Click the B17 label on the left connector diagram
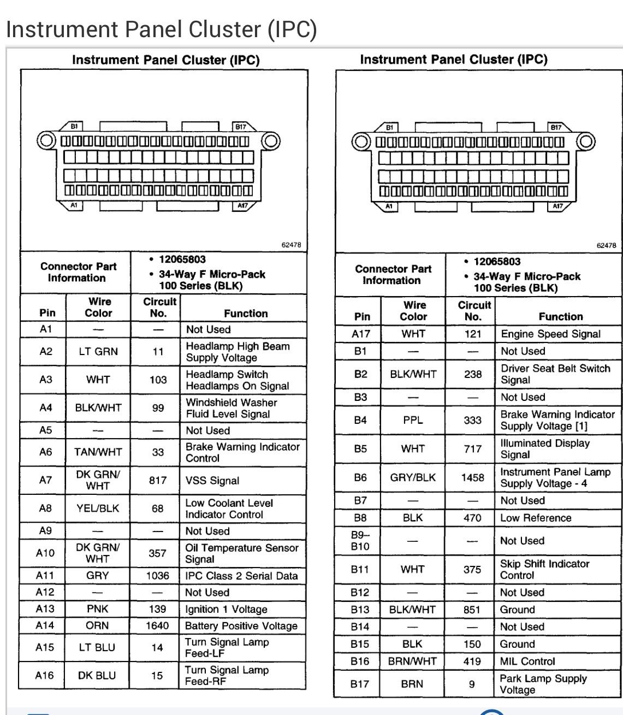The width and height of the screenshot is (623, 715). [240, 126]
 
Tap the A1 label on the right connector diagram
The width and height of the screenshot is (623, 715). [389, 206]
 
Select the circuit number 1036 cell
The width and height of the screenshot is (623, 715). [157, 576]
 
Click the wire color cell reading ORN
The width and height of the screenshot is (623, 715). [97, 625]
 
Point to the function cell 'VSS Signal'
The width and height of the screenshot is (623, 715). [212, 481]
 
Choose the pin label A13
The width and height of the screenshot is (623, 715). [45, 608]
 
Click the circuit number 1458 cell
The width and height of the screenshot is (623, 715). [472, 477]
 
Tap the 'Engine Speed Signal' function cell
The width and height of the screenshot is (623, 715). [550, 334]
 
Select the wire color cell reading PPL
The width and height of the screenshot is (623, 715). [413, 420]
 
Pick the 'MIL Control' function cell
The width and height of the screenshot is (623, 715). [527, 661]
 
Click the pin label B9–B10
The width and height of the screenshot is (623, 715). [360, 541]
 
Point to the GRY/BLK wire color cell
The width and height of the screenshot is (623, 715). [413, 477]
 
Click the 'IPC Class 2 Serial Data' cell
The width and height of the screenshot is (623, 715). [241, 576]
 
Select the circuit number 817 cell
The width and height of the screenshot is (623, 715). [157, 481]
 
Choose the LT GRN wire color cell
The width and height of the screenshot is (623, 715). [98, 352]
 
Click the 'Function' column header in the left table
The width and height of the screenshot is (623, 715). [246, 314]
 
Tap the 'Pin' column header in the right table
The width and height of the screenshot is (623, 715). [362, 316]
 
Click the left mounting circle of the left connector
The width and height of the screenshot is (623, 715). [46, 141]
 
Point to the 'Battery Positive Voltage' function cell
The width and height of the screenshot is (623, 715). [241, 625]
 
